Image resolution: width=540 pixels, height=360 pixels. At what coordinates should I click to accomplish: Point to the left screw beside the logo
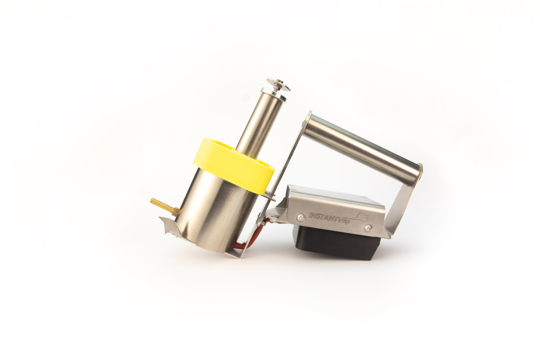pos(301,217)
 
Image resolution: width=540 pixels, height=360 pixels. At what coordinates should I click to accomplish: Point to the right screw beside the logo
pos(369,228)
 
